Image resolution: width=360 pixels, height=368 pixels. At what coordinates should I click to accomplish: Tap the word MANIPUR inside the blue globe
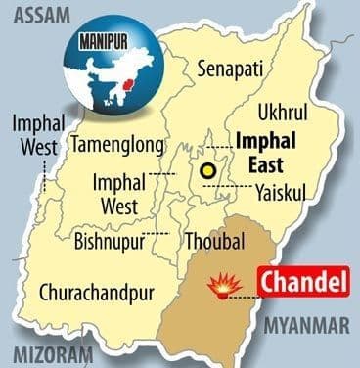pos(101,44)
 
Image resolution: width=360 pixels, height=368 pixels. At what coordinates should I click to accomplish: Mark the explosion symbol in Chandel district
pos(226,284)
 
